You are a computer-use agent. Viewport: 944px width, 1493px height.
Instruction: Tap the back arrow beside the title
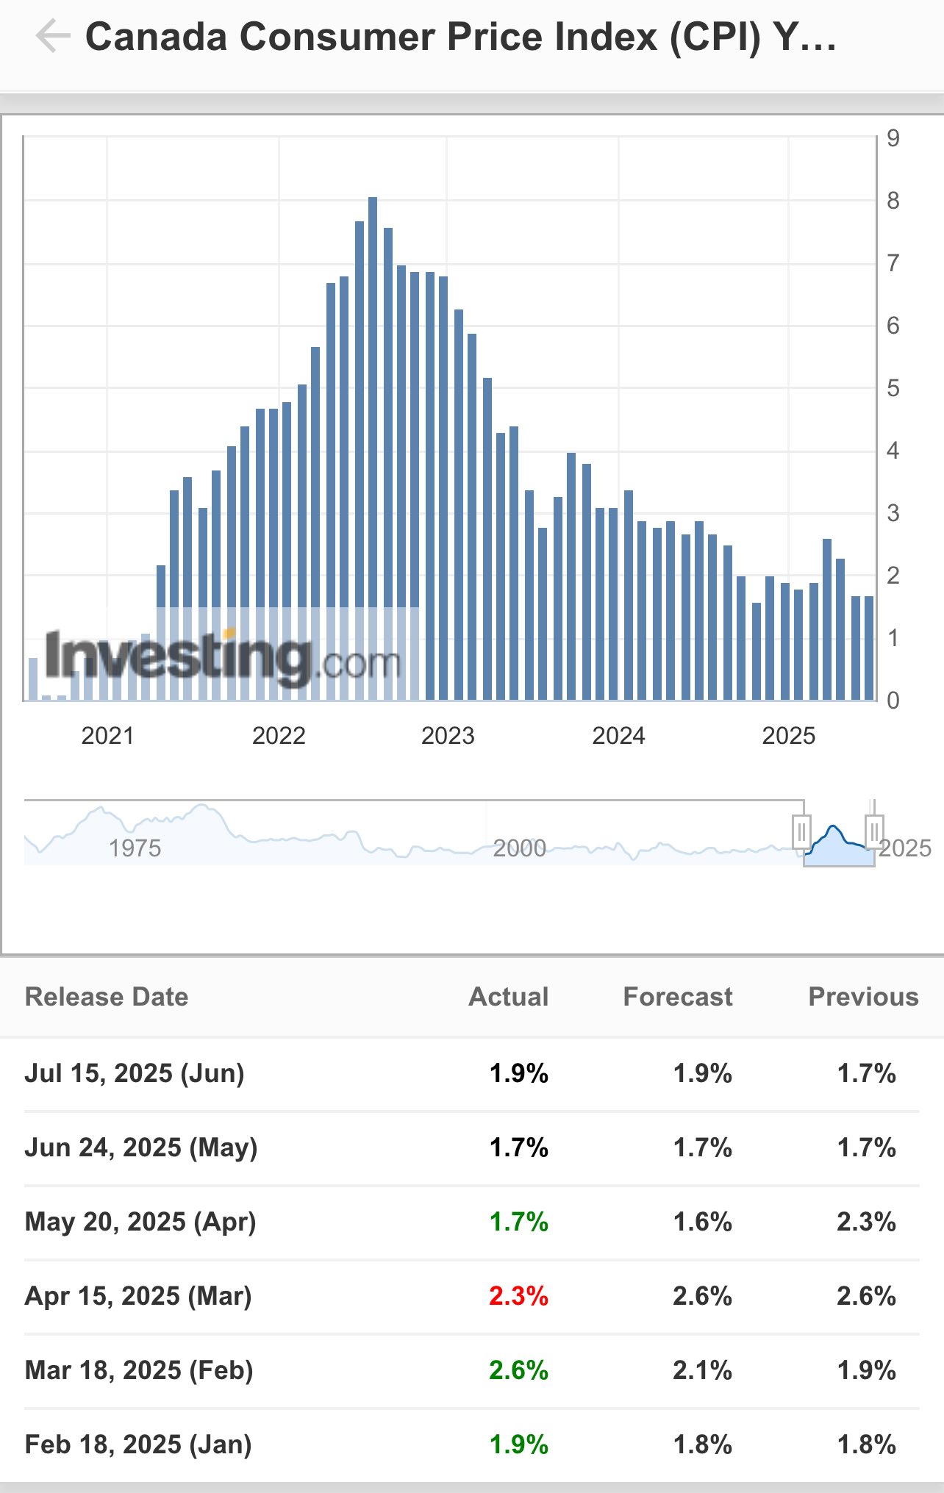(53, 36)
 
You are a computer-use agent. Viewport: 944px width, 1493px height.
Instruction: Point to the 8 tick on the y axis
(893, 201)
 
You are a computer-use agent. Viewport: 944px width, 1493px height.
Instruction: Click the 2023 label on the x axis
(448, 736)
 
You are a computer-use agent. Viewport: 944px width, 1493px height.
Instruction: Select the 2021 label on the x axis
(107, 736)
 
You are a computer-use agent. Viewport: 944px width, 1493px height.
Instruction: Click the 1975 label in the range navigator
(135, 848)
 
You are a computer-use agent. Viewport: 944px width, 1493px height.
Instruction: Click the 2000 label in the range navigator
(519, 848)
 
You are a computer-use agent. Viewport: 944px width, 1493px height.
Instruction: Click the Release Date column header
(107, 997)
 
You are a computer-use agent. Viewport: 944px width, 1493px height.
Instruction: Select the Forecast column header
(677, 997)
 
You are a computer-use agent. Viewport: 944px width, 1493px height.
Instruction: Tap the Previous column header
(863, 997)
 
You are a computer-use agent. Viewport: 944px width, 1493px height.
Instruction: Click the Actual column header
(509, 997)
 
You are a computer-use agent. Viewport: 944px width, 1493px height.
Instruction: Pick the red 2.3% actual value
(518, 1296)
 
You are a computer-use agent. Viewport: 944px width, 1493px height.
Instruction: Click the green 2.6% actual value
(518, 1370)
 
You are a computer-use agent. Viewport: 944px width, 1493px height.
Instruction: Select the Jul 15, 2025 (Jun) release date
(135, 1073)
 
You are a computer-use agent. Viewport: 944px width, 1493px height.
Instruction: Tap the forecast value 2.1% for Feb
(702, 1370)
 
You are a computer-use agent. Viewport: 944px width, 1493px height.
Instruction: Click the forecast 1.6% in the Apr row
(702, 1222)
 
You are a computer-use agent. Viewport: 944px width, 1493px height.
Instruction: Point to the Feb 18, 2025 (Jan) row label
(138, 1444)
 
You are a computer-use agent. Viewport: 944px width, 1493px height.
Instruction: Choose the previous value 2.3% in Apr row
(866, 1222)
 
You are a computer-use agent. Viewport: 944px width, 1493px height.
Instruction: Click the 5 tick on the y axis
(893, 388)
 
